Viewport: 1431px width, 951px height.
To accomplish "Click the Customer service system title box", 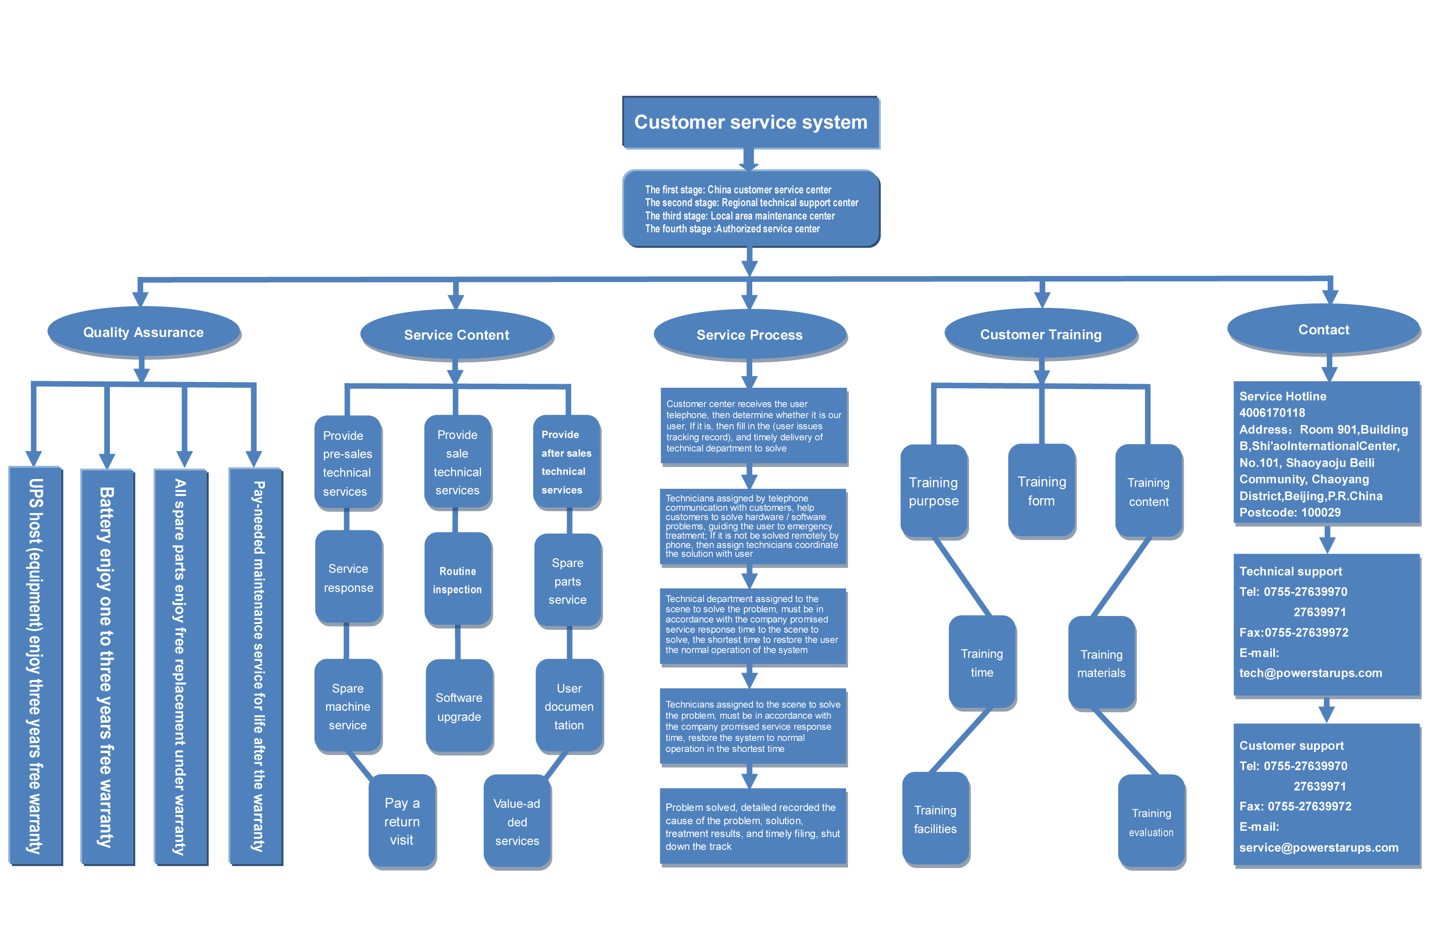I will click(x=750, y=122).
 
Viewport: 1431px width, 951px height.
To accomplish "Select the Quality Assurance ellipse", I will click(x=144, y=332).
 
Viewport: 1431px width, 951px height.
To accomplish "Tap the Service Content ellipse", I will click(x=457, y=335).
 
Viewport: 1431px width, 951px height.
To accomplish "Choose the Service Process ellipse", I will click(x=750, y=335).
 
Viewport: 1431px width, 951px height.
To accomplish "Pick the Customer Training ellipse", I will click(x=1041, y=334).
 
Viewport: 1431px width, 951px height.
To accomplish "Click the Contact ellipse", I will click(x=1324, y=329).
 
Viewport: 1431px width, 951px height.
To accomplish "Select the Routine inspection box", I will click(x=458, y=580).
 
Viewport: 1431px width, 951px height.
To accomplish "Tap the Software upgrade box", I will click(x=459, y=706).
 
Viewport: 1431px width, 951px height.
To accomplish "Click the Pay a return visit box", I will click(x=402, y=821).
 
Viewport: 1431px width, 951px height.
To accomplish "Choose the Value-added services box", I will click(x=517, y=822).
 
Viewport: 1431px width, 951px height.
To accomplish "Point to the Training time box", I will click(x=982, y=663).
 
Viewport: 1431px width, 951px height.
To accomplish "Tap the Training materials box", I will click(x=1101, y=663).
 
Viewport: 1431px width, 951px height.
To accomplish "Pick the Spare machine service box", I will click(x=347, y=706).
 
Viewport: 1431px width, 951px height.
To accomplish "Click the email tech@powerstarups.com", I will click(x=1310, y=673).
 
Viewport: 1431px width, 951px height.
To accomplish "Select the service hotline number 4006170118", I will click(x=1272, y=413).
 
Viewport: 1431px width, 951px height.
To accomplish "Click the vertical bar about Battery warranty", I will click(x=107, y=667).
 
